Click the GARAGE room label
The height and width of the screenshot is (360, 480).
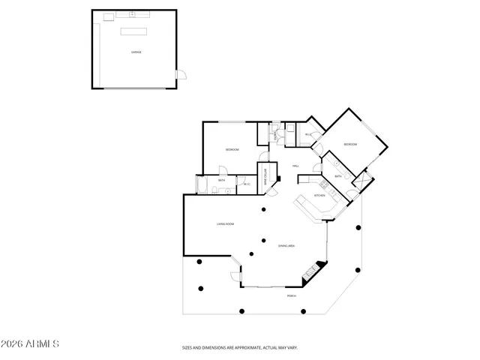point(137,52)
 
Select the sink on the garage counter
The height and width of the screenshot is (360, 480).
point(131,14)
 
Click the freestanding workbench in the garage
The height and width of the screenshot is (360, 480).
point(136,31)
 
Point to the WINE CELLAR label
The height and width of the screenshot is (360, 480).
point(265,176)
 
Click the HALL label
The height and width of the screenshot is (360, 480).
point(295,166)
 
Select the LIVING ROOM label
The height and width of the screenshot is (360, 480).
point(226,223)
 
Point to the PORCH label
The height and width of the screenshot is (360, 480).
point(292,296)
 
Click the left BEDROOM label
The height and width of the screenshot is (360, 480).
point(232,150)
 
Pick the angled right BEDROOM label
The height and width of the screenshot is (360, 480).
point(350,144)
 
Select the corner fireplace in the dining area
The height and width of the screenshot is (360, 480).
point(318,268)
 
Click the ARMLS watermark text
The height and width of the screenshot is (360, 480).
point(30,344)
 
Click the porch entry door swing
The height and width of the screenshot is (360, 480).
point(236,278)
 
